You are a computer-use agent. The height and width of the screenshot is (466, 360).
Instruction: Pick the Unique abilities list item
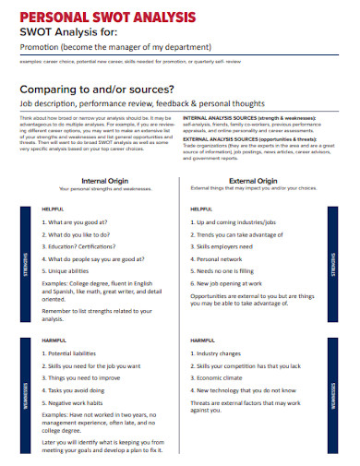tap(72, 272)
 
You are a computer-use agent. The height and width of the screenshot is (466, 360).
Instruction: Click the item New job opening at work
tap(238, 285)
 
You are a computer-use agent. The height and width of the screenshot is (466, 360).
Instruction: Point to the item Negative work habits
tap(80, 402)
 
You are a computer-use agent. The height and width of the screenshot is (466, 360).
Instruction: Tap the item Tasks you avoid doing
tap(81, 390)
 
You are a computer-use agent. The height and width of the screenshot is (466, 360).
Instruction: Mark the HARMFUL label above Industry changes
tap(201, 341)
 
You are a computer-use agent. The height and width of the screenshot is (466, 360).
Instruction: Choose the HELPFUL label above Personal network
tap(200, 209)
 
